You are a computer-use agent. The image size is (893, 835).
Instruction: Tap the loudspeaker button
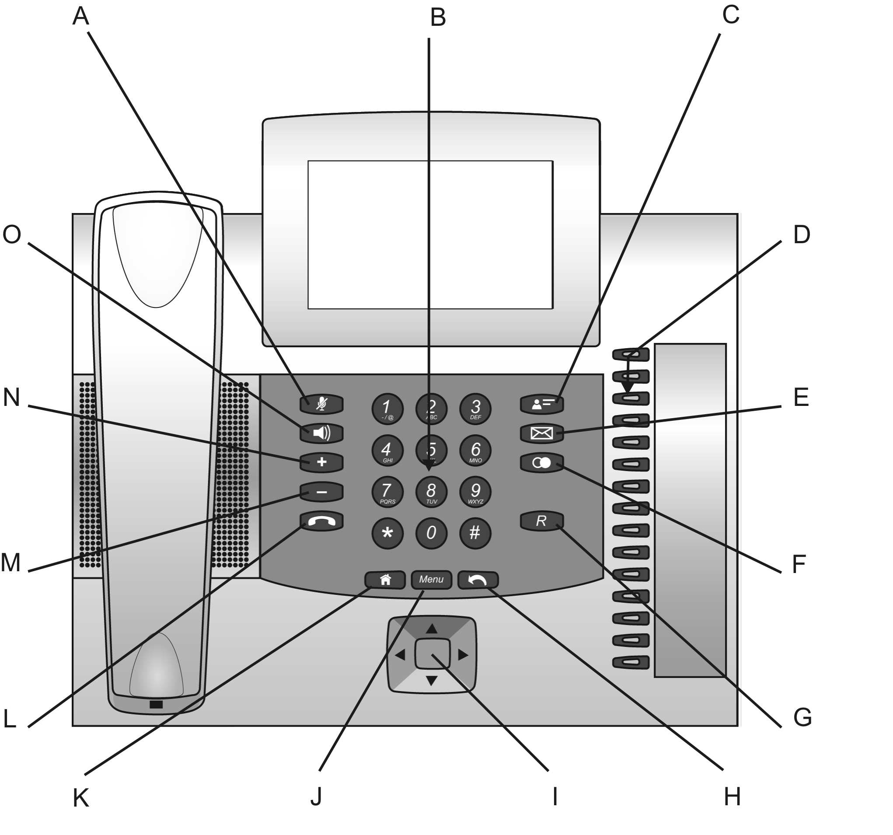tap(321, 433)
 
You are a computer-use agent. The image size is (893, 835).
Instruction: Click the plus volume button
tap(321, 462)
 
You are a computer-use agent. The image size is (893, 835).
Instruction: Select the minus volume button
tap(321, 492)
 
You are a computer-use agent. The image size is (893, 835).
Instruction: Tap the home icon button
tap(385, 580)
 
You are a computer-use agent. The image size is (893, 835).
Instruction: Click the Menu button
tap(431, 580)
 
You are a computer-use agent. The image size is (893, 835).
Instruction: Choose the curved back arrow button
tap(478, 580)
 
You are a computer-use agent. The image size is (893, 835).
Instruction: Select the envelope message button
tap(541, 433)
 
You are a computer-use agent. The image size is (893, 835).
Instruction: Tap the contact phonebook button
tap(541, 404)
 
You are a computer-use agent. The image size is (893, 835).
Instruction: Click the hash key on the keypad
tap(475, 533)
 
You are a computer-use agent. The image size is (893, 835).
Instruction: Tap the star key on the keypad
tap(387, 533)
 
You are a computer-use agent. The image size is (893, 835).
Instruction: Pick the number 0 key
tap(431, 533)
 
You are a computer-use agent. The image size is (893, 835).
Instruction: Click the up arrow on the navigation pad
tap(431, 629)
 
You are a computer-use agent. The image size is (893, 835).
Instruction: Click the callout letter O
tap(12, 235)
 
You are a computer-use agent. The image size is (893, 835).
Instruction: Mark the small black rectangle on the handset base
tap(156, 704)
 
